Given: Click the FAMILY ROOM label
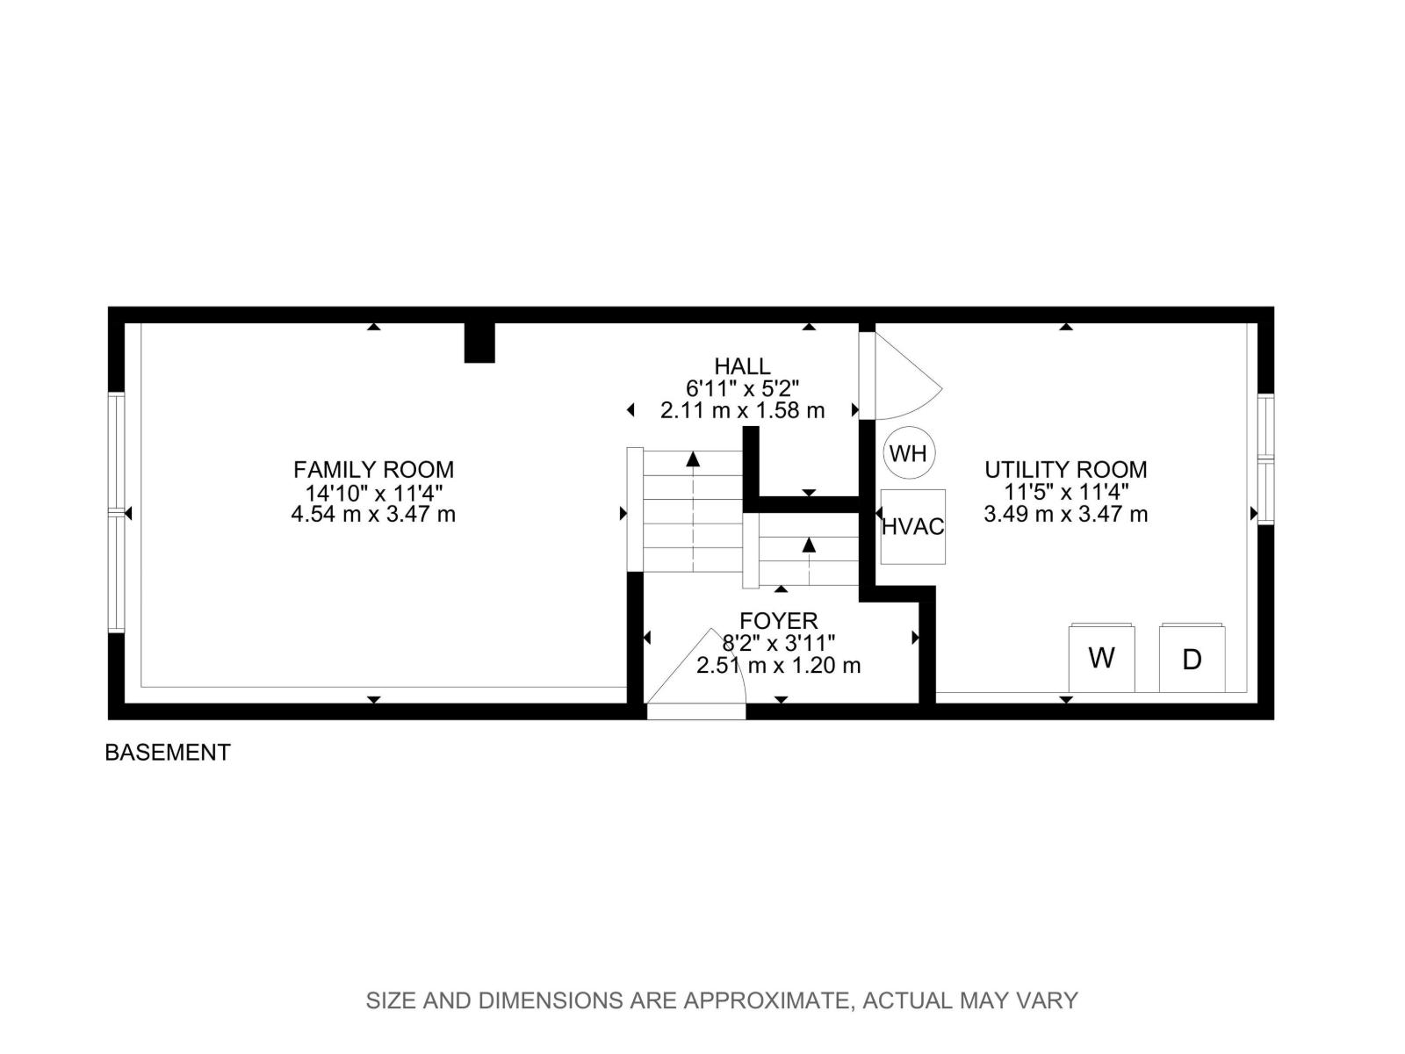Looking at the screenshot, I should (373, 469).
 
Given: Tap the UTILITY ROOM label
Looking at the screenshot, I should (1065, 469).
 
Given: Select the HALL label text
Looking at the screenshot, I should (742, 366).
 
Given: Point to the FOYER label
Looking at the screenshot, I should (778, 621).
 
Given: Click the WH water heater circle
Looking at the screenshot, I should (908, 453).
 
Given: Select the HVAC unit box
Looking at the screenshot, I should (912, 527).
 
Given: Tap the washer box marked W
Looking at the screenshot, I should (1101, 658).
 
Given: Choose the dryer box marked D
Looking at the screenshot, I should (1192, 659).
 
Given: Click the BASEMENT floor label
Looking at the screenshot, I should (168, 752).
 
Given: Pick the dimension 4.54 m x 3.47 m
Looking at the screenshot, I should (373, 515).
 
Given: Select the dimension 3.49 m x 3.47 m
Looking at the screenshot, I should (1065, 515).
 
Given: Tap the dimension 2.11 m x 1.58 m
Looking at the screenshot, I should (742, 410).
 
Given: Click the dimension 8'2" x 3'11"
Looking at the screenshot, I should (778, 643).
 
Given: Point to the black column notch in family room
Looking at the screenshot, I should (479, 343).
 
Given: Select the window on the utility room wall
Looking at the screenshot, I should (1265, 458).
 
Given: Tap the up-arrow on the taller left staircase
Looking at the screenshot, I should (693, 459).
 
